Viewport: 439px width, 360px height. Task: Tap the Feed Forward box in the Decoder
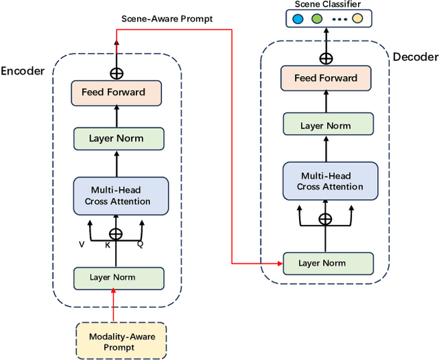pos(326,78)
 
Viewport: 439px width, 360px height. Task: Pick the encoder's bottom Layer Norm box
pos(118,278)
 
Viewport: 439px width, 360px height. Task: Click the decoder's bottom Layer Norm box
pos(327,263)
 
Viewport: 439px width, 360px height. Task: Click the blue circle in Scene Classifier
pos(297,19)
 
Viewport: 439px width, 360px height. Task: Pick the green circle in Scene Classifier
pos(316,19)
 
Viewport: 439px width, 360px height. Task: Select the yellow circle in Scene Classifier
pos(357,19)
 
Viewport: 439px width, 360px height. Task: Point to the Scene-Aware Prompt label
pos(167,19)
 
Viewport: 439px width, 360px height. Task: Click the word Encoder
pos(23,71)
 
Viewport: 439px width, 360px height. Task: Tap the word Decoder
pos(415,57)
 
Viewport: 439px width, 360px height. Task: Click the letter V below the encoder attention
pos(82,243)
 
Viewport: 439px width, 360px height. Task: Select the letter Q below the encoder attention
pos(140,243)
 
